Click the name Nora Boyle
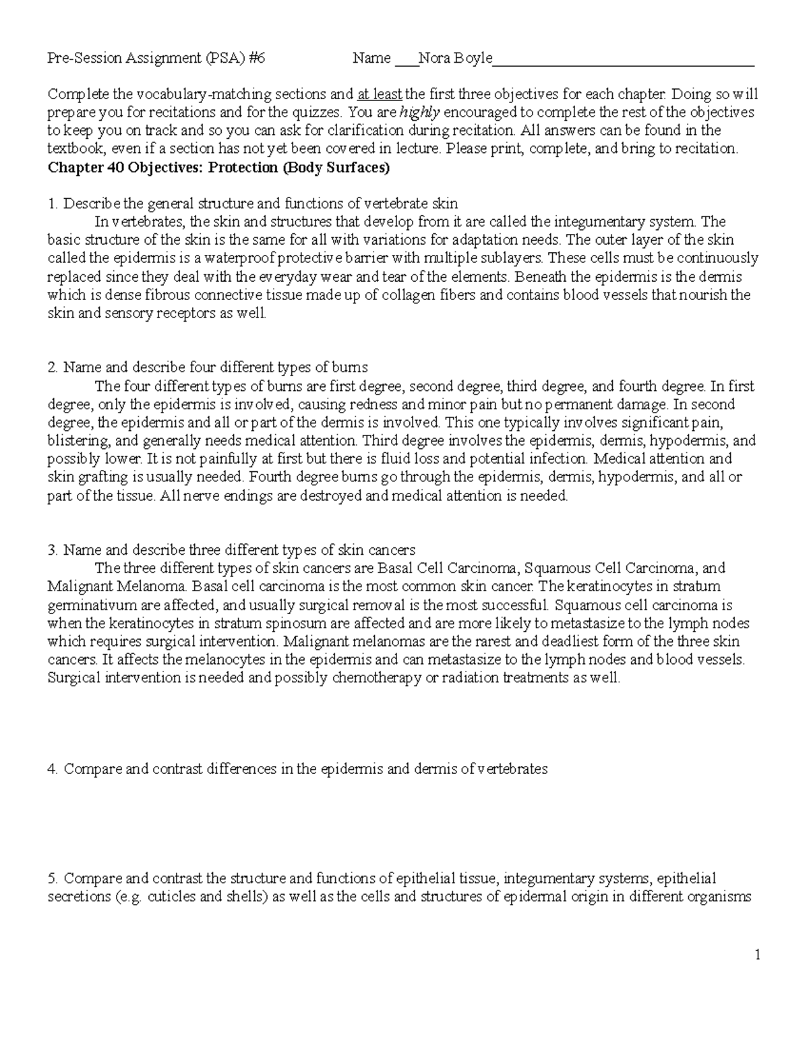[x=455, y=59]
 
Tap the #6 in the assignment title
[x=256, y=59]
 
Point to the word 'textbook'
[x=76, y=149]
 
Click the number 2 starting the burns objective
[x=52, y=368]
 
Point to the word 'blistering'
[x=77, y=441]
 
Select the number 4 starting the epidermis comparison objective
[x=52, y=769]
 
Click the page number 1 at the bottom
[x=758, y=954]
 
